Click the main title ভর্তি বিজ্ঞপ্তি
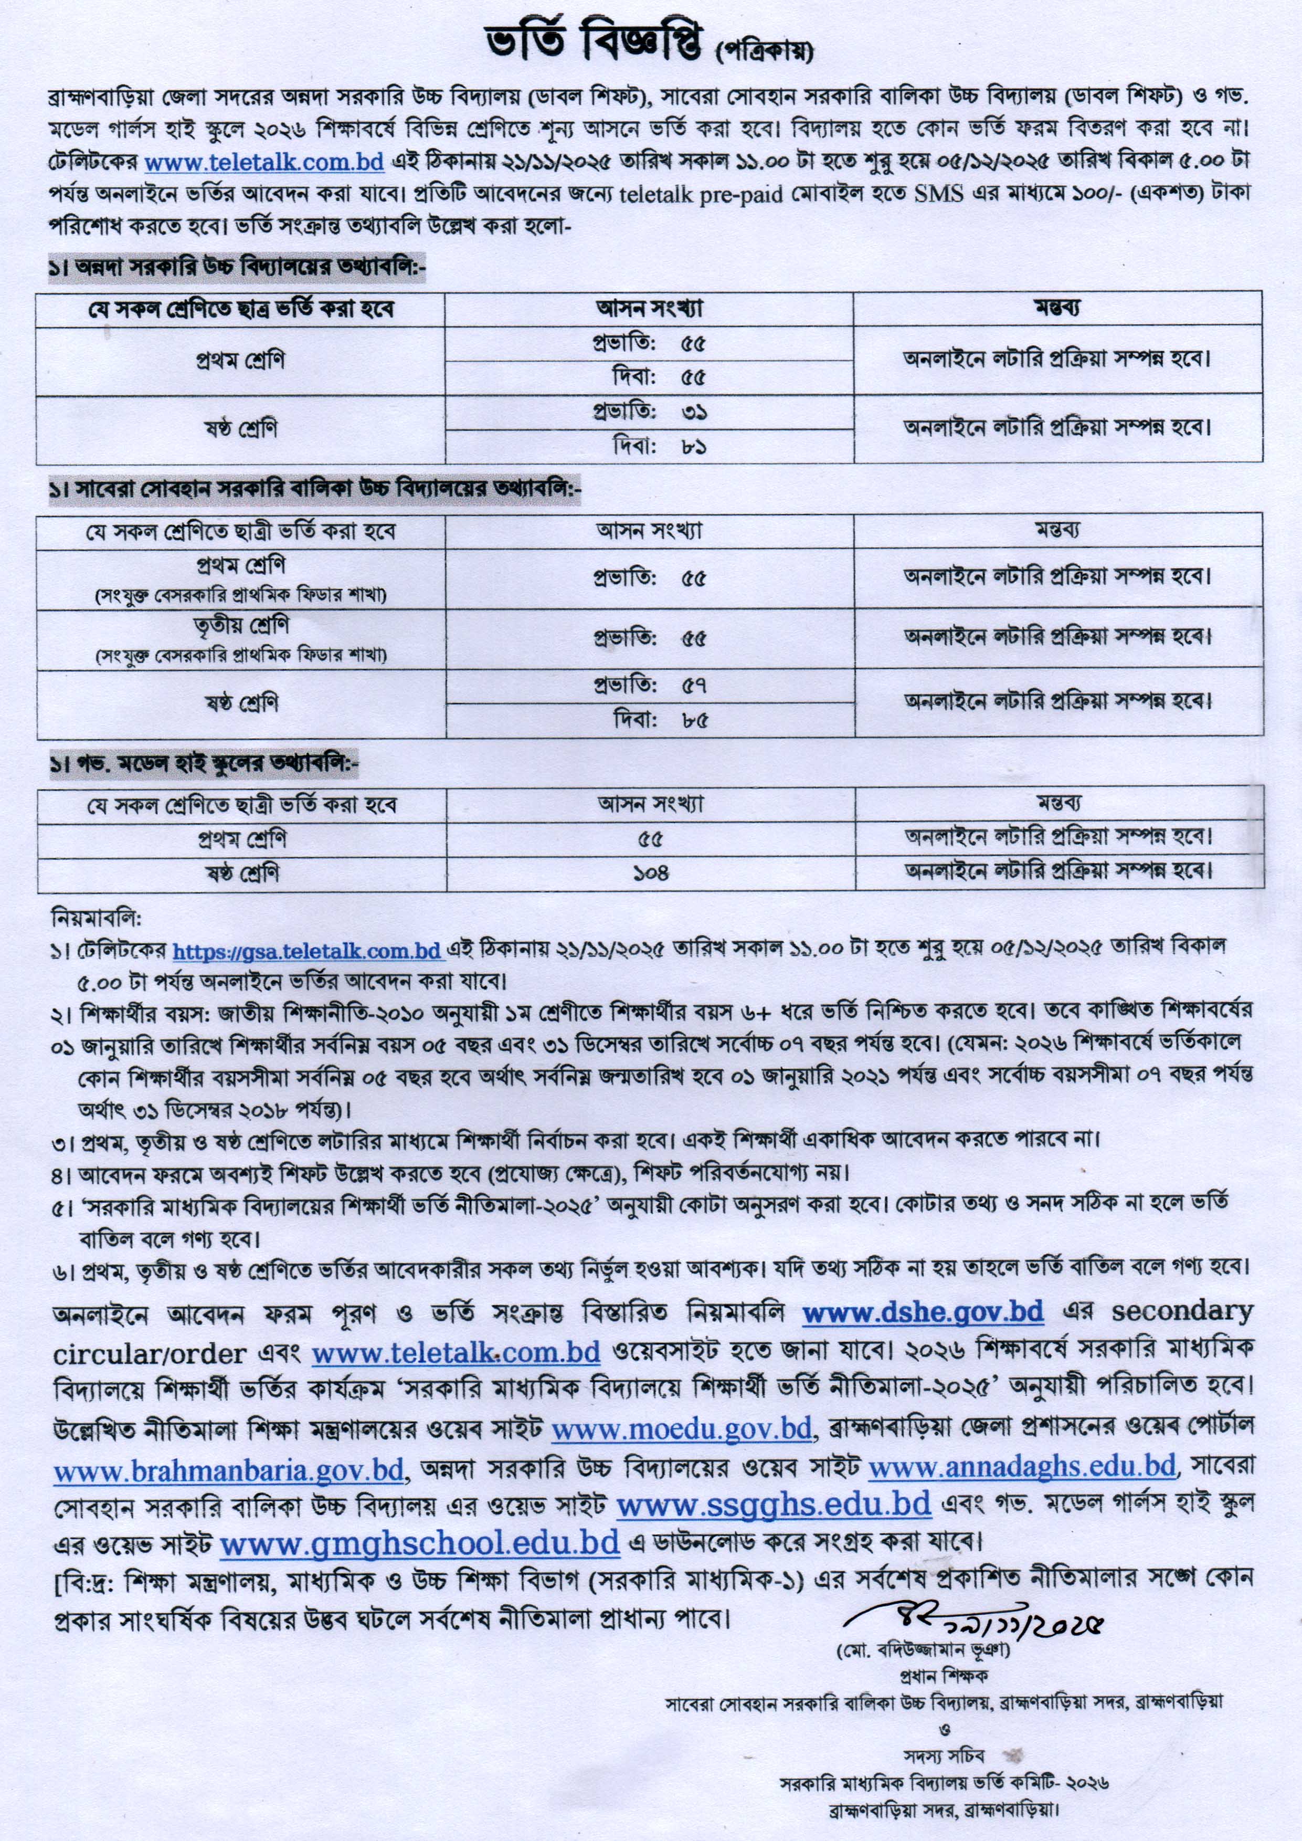pyautogui.click(x=597, y=46)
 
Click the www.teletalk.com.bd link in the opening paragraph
pyautogui.click(x=264, y=162)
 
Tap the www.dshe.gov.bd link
pyautogui.click(x=923, y=1312)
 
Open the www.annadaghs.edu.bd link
pyautogui.click(x=1022, y=1467)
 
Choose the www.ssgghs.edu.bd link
pyautogui.click(x=774, y=1503)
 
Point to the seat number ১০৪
pyautogui.click(x=650, y=873)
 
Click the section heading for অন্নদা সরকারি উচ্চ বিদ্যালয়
pyautogui.click(x=237, y=269)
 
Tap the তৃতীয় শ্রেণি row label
pyautogui.click(x=240, y=625)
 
